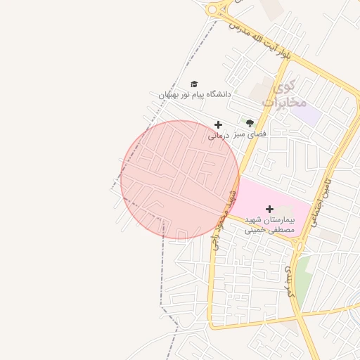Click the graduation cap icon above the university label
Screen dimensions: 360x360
point(194,84)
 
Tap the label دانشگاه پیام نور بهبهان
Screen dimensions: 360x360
point(195,94)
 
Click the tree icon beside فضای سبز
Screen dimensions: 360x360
point(250,123)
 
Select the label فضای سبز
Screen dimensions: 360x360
point(251,133)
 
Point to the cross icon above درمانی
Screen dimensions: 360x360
point(218,125)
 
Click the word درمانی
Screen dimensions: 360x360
point(219,136)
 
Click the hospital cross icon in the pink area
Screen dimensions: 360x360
point(269,209)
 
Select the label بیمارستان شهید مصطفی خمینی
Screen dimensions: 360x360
point(270,224)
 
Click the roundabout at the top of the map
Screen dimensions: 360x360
point(214,10)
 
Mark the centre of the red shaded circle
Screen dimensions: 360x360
point(180,180)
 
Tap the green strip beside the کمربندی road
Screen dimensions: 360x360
point(302,278)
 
